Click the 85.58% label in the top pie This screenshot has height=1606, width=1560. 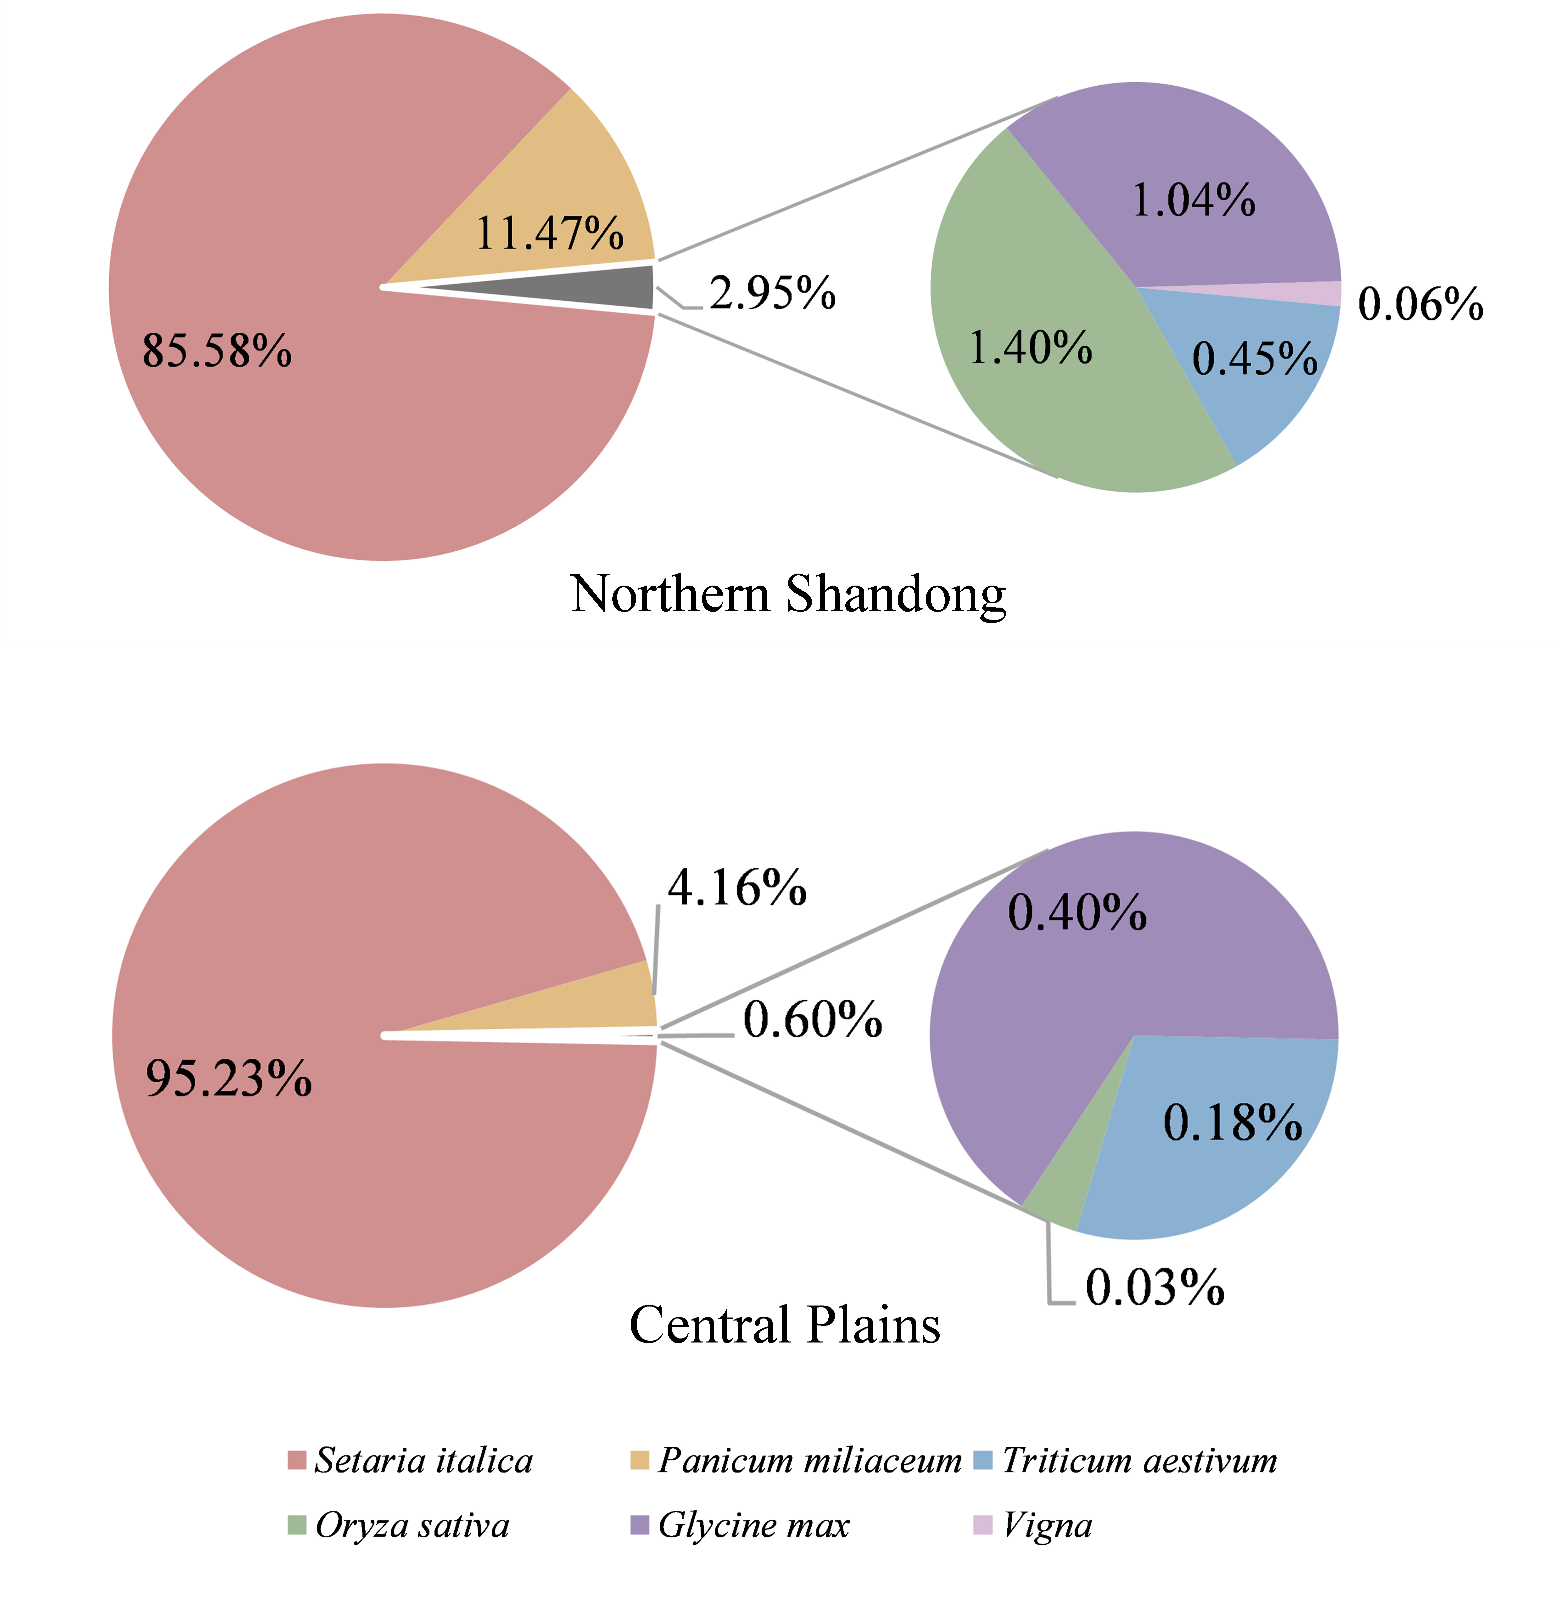(217, 351)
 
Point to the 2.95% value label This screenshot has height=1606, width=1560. (772, 293)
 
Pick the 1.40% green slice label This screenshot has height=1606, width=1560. (1030, 347)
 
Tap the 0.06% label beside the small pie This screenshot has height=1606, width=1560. (1421, 304)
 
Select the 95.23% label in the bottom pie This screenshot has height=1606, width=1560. (229, 1078)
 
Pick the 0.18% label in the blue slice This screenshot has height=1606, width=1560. (1232, 1123)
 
